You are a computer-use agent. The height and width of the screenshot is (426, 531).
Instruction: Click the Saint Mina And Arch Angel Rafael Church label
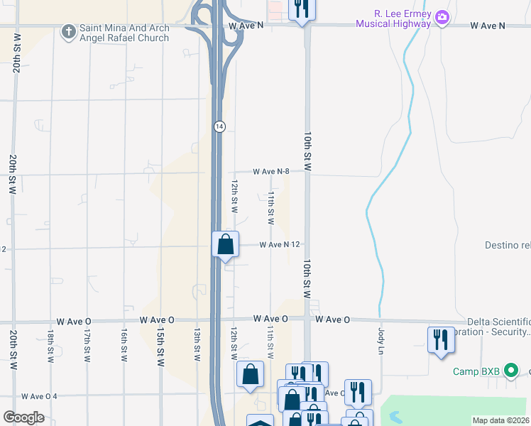pyautogui.click(x=124, y=33)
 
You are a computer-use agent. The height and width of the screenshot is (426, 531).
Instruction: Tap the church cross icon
pyautogui.click(x=69, y=31)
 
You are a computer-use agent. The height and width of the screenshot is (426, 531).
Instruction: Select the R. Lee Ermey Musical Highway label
pyautogui.click(x=403, y=18)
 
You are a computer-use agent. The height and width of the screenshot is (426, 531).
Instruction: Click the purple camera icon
pyautogui.click(x=442, y=16)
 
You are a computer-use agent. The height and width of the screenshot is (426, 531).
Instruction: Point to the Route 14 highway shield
pyautogui.click(x=220, y=126)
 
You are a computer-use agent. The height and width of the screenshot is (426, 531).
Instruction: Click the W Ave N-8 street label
pyautogui.click(x=273, y=171)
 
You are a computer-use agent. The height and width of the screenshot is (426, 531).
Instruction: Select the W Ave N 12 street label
pyautogui.click(x=282, y=244)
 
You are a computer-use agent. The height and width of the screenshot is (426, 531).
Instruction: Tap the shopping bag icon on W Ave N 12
pyautogui.click(x=226, y=244)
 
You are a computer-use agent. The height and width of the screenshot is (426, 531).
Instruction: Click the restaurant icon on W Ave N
pyautogui.click(x=302, y=9)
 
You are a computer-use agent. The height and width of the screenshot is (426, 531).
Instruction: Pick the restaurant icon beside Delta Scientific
pyautogui.click(x=441, y=339)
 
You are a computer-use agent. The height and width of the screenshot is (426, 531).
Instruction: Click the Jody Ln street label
pyautogui.click(x=381, y=342)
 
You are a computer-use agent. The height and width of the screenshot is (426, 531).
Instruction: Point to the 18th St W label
pyautogui.click(x=50, y=345)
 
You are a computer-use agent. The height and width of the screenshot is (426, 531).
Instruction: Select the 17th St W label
pyautogui.click(x=87, y=345)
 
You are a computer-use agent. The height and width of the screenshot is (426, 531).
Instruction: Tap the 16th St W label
pyautogui.click(x=124, y=345)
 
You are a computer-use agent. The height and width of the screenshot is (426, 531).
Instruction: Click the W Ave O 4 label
pyautogui.click(x=39, y=396)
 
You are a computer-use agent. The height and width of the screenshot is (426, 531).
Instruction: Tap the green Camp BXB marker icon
pyautogui.click(x=510, y=371)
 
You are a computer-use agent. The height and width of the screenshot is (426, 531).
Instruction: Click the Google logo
pyautogui.click(x=23, y=417)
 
